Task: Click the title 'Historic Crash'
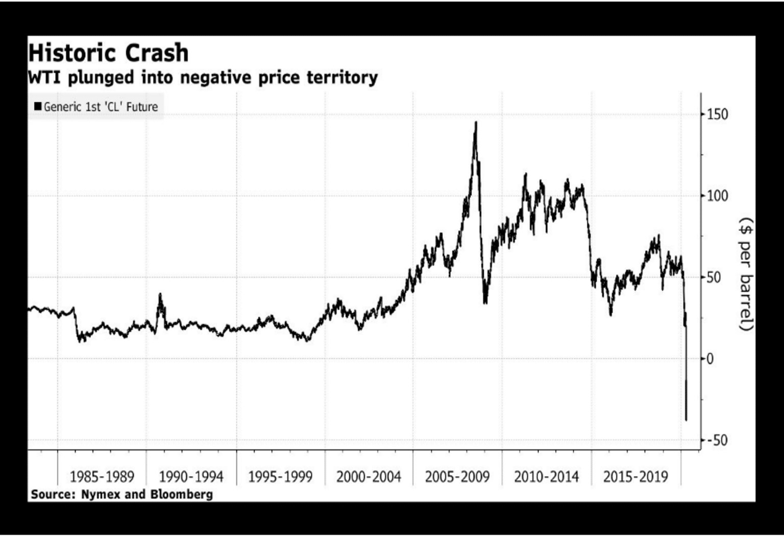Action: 108,53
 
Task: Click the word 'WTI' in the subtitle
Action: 45,78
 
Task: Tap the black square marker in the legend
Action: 38,106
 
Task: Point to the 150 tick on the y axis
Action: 717,114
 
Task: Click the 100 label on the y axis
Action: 717,196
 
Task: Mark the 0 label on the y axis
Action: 710,359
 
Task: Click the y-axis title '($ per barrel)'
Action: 746,274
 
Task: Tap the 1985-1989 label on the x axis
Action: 102,477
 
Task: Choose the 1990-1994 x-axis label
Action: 191,477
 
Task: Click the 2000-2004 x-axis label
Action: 369,477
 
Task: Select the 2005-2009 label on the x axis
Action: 457,477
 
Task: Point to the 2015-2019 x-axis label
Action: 635,477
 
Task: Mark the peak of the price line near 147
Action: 476,123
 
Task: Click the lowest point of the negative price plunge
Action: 686,420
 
